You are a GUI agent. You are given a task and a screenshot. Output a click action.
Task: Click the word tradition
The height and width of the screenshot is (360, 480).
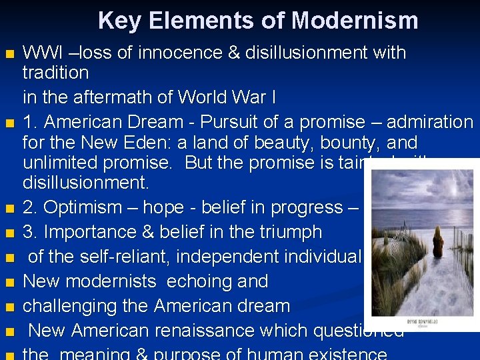click(55, 72)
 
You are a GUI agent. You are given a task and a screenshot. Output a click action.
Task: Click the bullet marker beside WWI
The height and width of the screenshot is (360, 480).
click(9, 54)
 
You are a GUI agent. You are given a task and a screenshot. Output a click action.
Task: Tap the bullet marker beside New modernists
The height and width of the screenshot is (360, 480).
click(9, 283)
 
